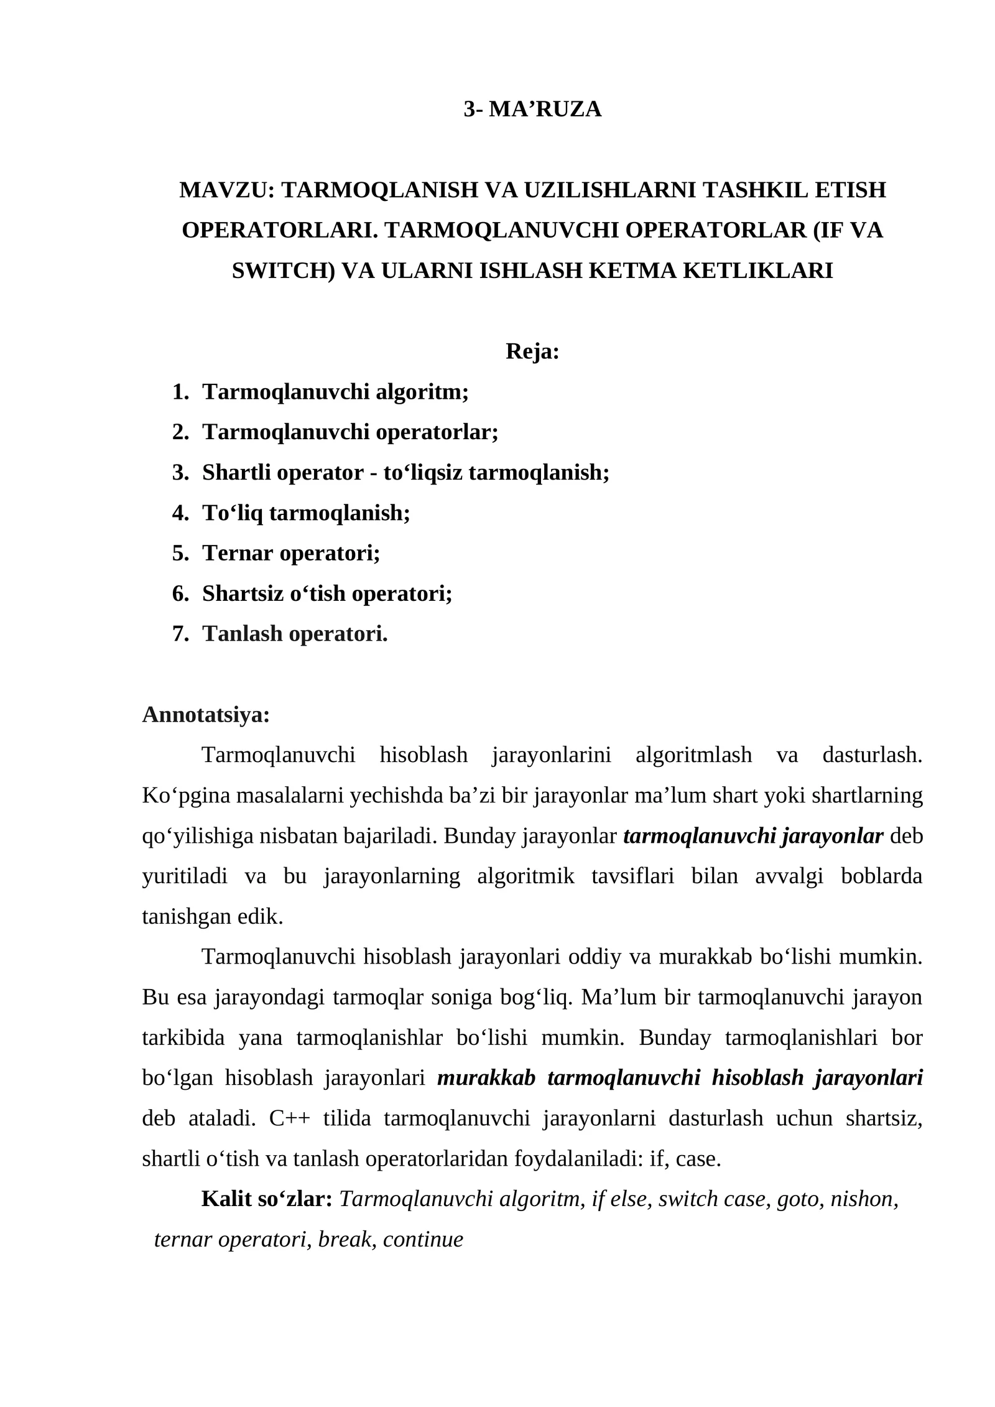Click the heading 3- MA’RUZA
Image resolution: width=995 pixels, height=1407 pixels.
click(x=532, y=109)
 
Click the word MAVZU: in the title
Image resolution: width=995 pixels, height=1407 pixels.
click(x=226, y=190)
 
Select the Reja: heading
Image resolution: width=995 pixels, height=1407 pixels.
click(x=532, y=351)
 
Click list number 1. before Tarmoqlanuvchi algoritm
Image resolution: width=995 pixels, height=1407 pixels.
click(x=180, y=392)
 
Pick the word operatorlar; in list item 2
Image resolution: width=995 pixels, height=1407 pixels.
click(x=437, y=432)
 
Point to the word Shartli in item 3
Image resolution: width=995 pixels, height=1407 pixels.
click(x=236, y=472)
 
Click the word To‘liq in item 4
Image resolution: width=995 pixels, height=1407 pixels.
click(x=233, y=513)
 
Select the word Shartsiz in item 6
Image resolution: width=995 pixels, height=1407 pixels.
click(x=243, y=593)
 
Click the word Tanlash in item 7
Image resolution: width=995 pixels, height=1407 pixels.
click(x=242, y=633)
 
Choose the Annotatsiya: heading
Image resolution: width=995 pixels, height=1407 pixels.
click(x=206, y=715)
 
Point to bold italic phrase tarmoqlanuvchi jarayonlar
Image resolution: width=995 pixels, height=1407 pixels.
click(x=752, y=836)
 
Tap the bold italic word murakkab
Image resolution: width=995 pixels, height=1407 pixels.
click(x=486, y=1078)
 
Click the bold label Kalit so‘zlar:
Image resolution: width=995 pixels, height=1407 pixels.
click(x=267, y=1199)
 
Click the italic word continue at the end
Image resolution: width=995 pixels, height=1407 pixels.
click(x=423, y=1239)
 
